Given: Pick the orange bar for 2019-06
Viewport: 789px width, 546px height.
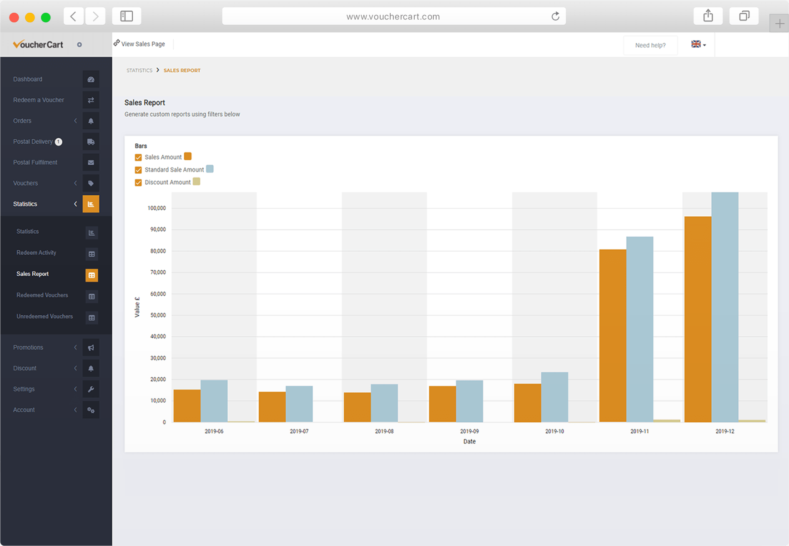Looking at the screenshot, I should [x=187, y=405].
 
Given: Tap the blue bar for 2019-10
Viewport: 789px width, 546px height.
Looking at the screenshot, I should [x=554, y=397].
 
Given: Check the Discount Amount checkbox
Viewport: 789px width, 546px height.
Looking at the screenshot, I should [x=138, y=182].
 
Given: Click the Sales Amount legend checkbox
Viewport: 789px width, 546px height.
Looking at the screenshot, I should [x=138, y=157].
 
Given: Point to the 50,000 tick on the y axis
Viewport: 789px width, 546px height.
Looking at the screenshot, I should [x=158, y=315].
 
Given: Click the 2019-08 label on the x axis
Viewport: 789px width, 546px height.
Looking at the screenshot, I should [x=384, y=431].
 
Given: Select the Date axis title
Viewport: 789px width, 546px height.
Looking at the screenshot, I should [x=469, y=441].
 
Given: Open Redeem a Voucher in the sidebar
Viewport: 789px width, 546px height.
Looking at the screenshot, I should [x=39, y=100].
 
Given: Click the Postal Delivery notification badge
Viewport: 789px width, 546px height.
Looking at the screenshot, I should [x=59, y=142].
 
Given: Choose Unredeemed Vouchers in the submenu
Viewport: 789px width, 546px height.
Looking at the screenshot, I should [x=45, y=317].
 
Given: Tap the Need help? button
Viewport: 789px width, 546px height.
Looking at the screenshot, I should [x=650, y=45].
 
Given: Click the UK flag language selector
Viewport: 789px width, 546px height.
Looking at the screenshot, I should [x=698, y=44].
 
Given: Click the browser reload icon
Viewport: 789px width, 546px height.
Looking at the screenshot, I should [x=555, y=16].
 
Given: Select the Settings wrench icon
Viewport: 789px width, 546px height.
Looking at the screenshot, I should [x=91, y=389].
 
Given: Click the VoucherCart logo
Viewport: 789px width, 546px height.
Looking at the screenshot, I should [x=38, y=44].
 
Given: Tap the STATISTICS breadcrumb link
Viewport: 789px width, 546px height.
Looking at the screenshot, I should [x=139, y=71].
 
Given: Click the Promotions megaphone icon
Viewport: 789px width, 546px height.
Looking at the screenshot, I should [x=91, y=348].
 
